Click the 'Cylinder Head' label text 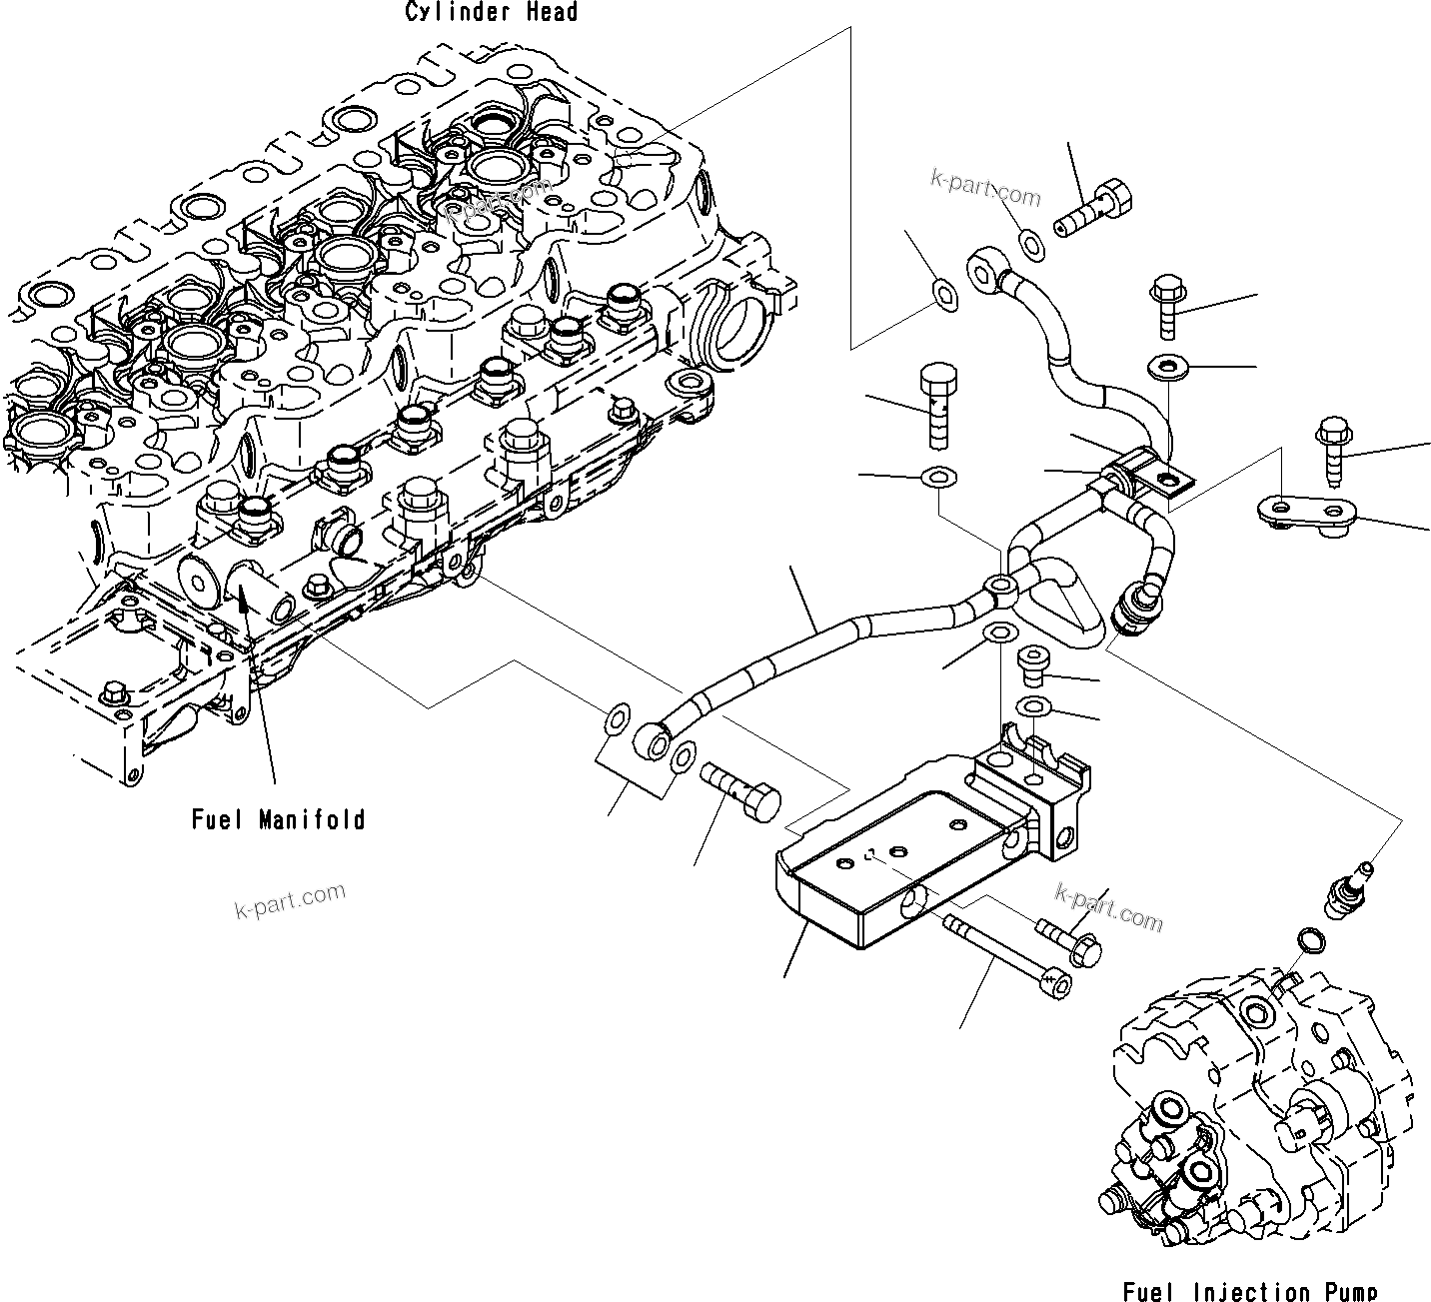pos(491,12)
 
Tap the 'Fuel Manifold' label pos(278,820)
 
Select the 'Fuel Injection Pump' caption pos(1249,1291)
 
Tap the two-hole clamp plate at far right pos(1303,512)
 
